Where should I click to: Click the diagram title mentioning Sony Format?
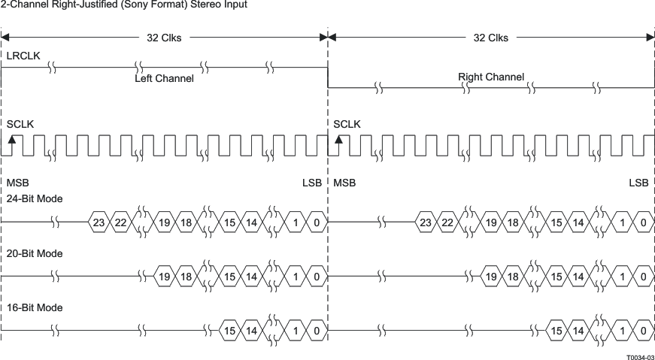123,5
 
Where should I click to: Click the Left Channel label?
164,78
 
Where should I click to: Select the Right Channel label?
490,77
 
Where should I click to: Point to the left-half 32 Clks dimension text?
163,38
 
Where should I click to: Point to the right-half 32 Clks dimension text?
490,38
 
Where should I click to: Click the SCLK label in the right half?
347,124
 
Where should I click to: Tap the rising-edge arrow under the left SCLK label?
11,139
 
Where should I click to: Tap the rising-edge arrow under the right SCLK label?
338,139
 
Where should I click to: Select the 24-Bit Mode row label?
35,199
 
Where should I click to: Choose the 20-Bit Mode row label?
35,254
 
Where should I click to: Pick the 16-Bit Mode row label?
35,308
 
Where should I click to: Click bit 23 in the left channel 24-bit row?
99,222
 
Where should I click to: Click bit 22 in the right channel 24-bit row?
447,222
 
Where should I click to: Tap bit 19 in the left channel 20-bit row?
164,277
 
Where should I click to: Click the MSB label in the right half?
344,183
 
